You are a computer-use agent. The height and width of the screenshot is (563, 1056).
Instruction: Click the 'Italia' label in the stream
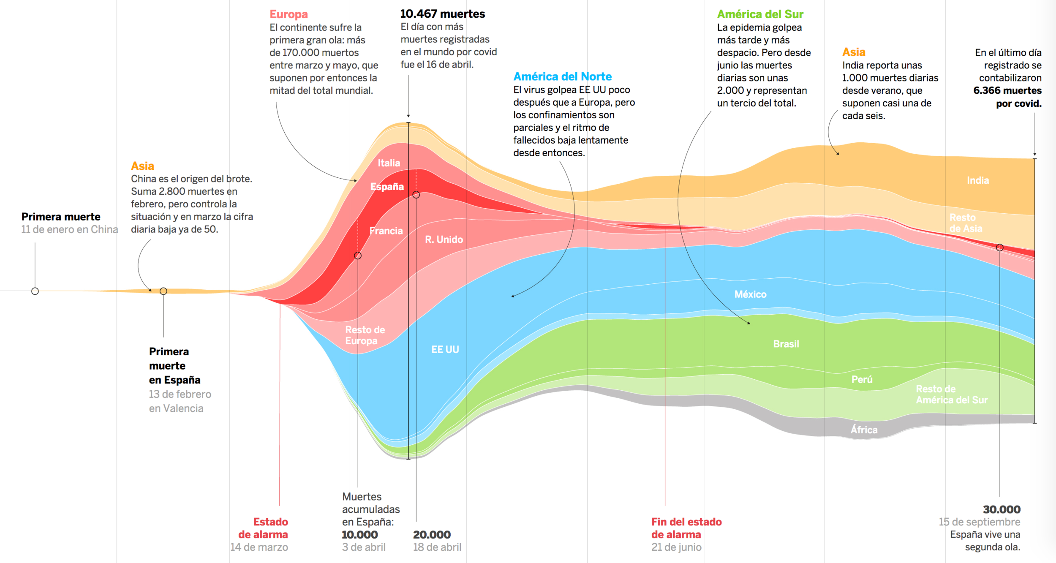point(389,163)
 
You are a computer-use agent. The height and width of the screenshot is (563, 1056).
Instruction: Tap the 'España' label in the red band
point(387,187)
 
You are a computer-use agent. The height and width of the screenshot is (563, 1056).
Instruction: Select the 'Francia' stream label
point(386,231)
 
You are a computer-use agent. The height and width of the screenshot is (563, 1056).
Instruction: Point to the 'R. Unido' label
point(444,239)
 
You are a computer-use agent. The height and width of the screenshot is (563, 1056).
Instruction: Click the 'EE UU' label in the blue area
point(445,350)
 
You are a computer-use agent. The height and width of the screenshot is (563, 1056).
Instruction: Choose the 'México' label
point(750,294)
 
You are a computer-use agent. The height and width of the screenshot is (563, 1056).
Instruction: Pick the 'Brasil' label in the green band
point(786,344)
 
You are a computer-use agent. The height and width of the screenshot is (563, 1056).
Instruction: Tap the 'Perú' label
point(862,379)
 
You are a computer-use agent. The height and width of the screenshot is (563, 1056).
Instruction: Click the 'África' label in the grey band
point(864,430)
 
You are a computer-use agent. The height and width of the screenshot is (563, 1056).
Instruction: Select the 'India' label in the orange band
point(978,180)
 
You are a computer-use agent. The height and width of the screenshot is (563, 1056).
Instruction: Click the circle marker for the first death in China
point(35,291)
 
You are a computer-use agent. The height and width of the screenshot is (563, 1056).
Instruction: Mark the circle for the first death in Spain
point(163,291)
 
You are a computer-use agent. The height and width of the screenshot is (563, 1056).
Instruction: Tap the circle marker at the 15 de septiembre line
point(1000,248)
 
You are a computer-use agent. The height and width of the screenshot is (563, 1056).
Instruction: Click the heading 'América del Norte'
point(562,76)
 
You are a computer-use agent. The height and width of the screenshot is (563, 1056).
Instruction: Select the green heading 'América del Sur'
point(760,14)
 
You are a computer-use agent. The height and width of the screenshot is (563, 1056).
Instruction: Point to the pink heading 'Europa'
point(288,14)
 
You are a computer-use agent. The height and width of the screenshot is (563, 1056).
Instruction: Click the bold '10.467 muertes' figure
point(442,14)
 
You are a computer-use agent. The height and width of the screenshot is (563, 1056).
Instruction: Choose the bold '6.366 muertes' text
point(1007,90)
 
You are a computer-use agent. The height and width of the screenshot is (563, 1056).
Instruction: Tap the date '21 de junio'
point(676,547)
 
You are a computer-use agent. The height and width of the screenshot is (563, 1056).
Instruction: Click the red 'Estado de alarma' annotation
point(263,528)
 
